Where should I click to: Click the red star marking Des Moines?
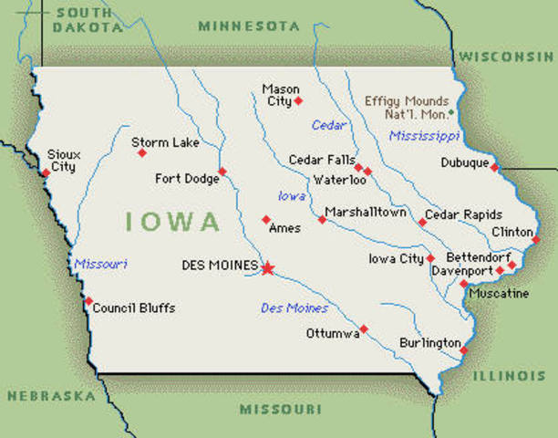pos(267,268)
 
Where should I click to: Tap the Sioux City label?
pos(63,162)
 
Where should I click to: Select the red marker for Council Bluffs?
pos(88,301)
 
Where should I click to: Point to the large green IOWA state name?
pos(173,222)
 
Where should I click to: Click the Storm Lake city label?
pos(160,141)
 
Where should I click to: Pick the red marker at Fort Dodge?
pos(222,171)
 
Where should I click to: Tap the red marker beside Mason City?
pos(298,100)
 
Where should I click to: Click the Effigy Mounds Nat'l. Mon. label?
pos(407,108)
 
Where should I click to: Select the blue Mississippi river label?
pos(424,136)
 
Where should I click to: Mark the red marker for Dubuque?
pos(494,167)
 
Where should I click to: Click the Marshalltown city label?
pos(366,212)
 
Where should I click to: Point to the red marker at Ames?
pos(266,219)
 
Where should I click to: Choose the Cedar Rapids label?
pos(464,214)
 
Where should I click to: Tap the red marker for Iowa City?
pos(430,258)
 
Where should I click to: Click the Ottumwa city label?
pos(332,333)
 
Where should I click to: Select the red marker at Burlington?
pos(463,350)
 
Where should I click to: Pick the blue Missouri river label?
pos(100,264)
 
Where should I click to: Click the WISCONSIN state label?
pos(507,57)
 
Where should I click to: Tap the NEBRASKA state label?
pos(51,396)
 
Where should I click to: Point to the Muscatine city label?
pos(498,294)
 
